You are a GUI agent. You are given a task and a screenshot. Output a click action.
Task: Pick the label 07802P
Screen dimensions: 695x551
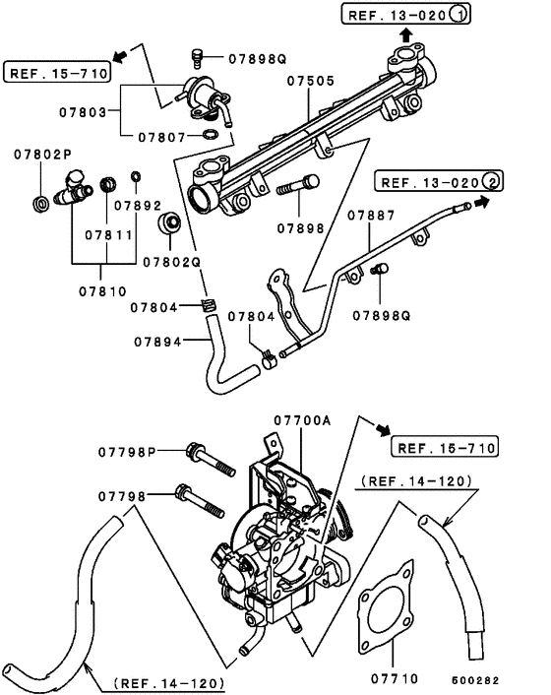[x=42, y=156]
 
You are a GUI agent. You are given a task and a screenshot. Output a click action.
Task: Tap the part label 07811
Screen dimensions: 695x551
[x=106, y=237]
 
